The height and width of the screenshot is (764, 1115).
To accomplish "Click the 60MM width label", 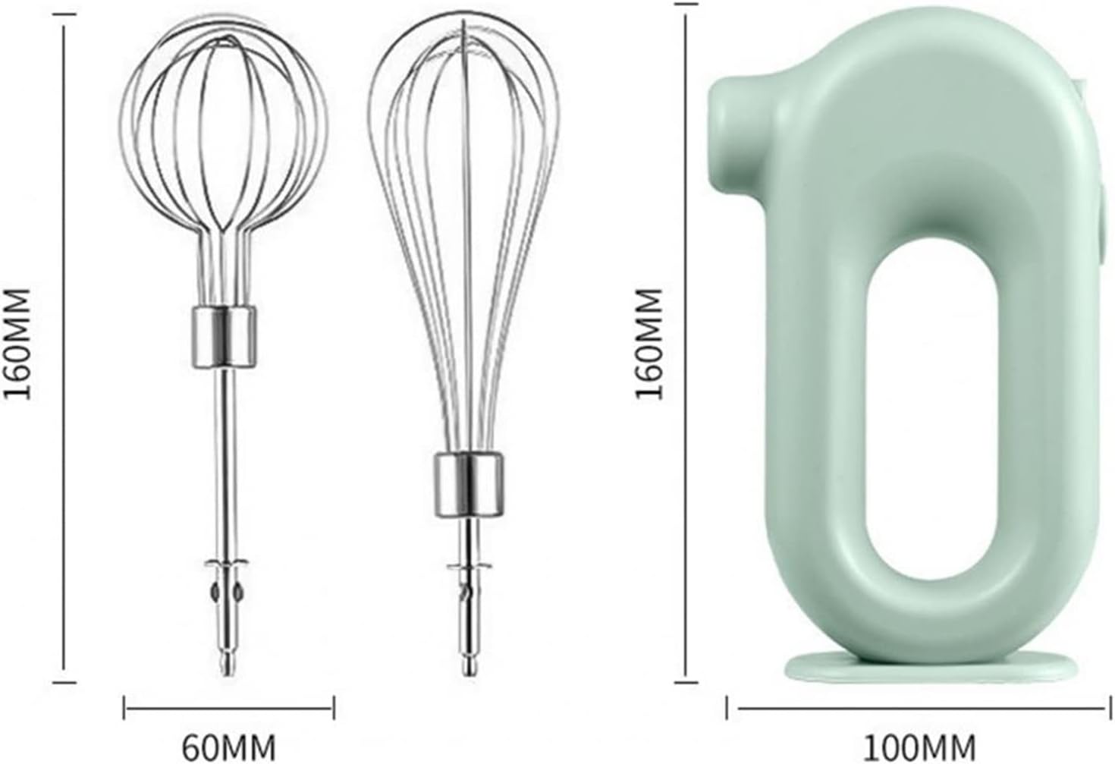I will point(228,747).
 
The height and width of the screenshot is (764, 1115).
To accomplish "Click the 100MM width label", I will point(919,747).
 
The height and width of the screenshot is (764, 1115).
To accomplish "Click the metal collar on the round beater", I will point(223,337).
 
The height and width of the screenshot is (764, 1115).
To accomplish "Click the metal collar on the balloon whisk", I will point(470,483).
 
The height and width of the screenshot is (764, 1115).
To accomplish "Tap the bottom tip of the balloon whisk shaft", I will point(470,668).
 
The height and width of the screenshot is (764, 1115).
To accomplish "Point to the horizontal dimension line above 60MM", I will point(228,709).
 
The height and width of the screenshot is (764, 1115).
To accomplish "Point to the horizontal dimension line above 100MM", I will point(919,709).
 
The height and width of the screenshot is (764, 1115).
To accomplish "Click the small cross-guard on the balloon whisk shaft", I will point(470,567).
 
